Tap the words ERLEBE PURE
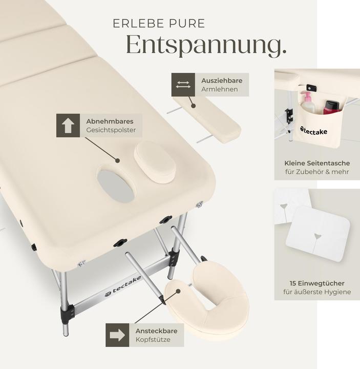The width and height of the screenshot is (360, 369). coord(159,24)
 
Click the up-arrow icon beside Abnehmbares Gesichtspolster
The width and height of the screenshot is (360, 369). coord(68,126)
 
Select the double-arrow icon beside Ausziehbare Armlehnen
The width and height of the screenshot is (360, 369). coord(183,85)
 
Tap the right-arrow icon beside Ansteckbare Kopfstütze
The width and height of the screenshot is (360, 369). coord(117,335)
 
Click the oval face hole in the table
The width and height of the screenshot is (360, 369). coord(117,186)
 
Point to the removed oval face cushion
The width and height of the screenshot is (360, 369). coord(155,162)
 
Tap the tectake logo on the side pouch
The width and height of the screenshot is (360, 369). coord(313,131)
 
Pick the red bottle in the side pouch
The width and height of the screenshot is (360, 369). coord(331,107)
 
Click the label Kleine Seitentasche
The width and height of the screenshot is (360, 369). coord(317,163)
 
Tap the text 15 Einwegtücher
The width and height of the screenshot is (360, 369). coord(317,283)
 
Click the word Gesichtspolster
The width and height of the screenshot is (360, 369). coord(111,130)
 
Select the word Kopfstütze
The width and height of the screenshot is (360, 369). coord(153,340)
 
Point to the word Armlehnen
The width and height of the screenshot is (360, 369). coord(219,89)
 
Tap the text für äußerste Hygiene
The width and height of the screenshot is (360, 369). coord(317,292)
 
